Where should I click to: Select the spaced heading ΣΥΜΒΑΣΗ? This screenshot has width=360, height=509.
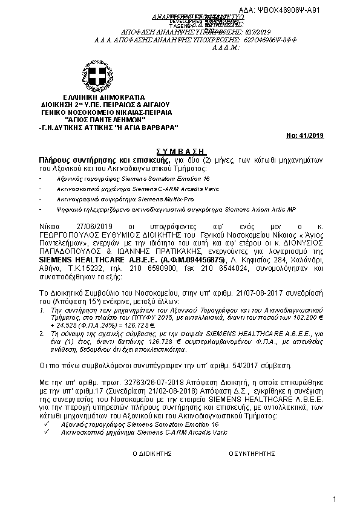click(x=181, y=149)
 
